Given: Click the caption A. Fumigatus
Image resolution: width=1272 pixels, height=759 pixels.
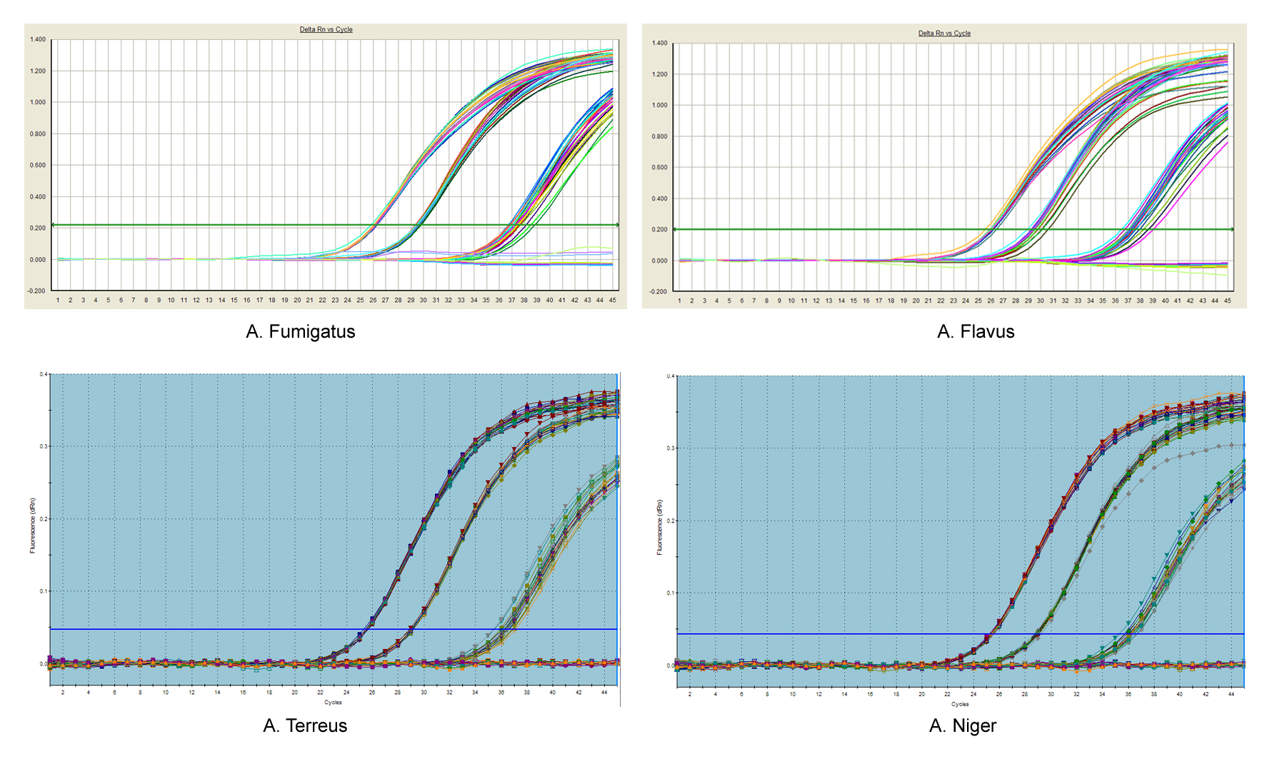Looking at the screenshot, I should tap(300, 332).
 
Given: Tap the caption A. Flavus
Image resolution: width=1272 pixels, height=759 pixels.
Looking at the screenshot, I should tap(976, 332).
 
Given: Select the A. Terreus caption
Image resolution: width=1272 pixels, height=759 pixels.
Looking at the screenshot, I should tap(305, 726).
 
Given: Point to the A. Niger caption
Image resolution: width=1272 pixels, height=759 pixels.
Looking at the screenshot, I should tap(962, 726).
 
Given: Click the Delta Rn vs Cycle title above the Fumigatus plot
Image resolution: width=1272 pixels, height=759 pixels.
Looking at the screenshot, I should tap(326, 29).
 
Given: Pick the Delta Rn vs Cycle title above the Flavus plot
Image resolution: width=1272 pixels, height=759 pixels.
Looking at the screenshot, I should tap(944, 33).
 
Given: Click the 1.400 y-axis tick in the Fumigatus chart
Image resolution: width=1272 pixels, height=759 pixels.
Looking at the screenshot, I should tap(38, 39).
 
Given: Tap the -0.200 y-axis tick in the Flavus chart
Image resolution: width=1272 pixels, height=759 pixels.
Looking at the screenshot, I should tap(658, 291).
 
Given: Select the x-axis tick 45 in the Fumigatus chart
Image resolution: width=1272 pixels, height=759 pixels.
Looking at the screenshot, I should tap(612, 301).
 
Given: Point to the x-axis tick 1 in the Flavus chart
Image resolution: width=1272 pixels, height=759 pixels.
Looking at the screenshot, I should tap(679, 301).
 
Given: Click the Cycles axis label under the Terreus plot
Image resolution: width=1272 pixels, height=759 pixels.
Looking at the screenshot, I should tap(333, 703).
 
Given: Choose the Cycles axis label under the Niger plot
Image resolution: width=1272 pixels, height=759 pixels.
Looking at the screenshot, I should tap(960, 704).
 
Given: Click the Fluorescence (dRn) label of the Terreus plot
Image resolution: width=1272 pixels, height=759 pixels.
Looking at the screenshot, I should tap(32, 526).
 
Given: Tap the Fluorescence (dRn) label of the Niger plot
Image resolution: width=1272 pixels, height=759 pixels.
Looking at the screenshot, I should tap(659, 527).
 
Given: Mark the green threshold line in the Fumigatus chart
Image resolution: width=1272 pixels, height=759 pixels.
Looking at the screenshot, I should tap(214, 225).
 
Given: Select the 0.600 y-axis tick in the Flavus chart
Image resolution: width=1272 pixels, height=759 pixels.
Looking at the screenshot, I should tap(659, 168).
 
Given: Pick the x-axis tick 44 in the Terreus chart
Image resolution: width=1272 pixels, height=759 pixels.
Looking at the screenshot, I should tap(604, 693).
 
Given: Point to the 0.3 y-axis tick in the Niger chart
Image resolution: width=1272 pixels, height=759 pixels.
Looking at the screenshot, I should tap(670, 448).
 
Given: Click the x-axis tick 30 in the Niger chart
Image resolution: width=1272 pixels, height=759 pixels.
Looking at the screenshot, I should tap(1050, 694).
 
